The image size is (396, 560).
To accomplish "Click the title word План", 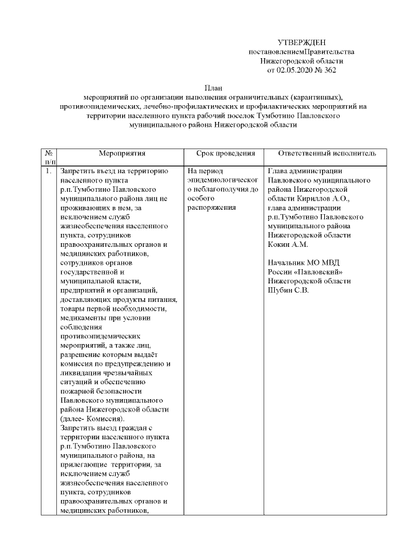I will [x=213, y=87].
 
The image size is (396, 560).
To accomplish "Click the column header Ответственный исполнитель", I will [x=327, y=153].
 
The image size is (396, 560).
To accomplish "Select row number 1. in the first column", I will [x=48, y=171].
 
